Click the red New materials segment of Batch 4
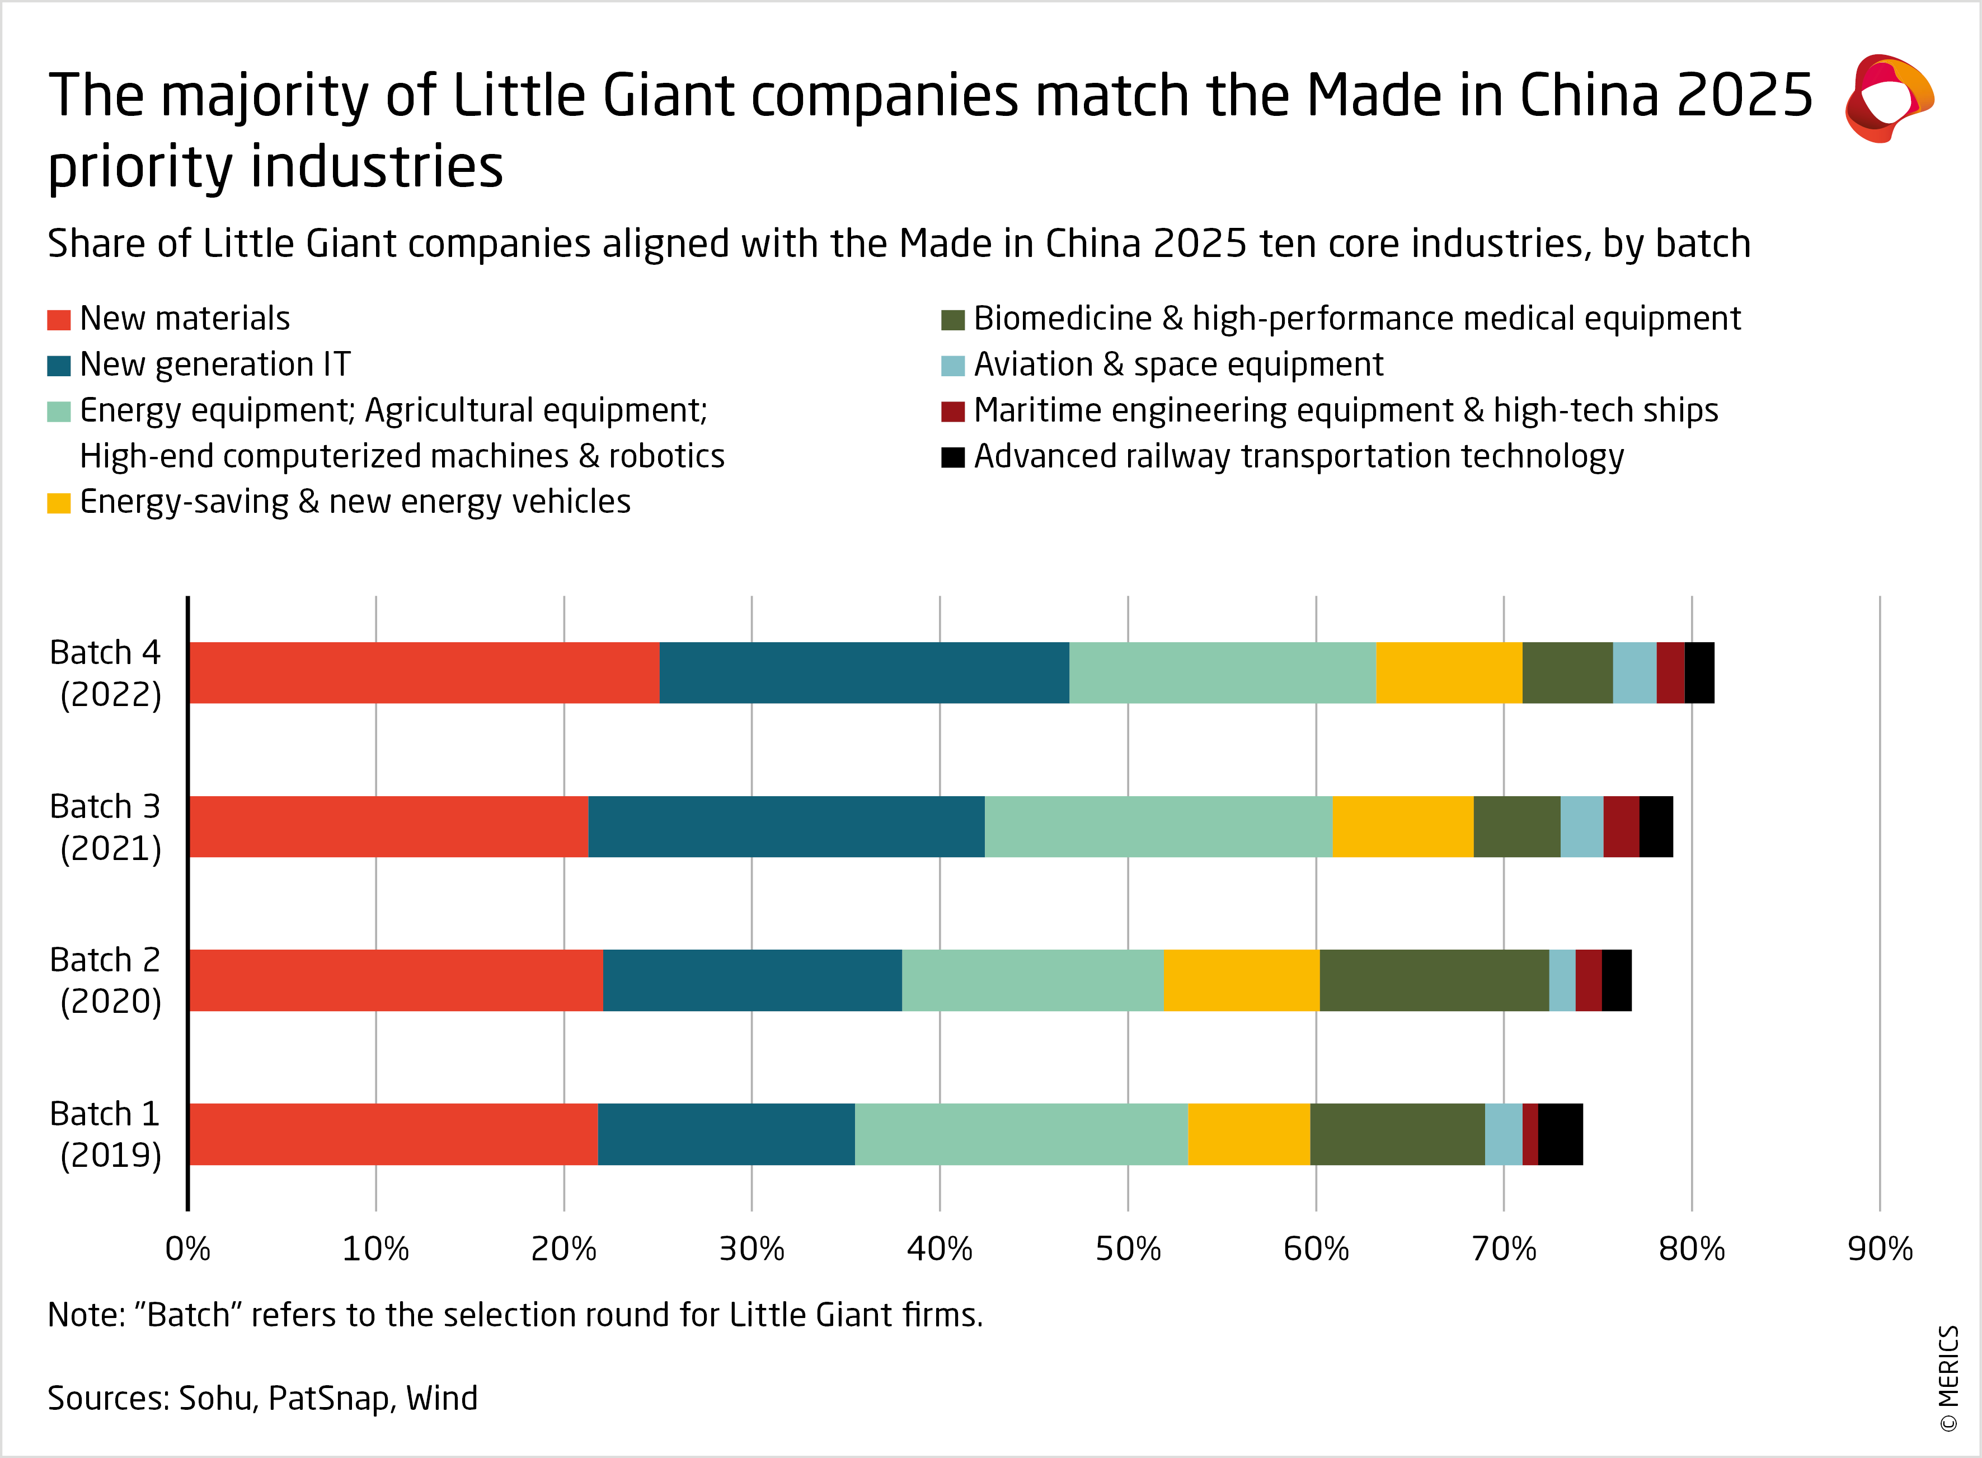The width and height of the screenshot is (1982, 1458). click(424, 672)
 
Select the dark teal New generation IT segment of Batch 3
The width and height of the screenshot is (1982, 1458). click(786, 826)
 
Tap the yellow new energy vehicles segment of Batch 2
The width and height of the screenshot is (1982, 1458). click(1241, 980)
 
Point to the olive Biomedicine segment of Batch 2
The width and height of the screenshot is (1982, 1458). click(1434, 980)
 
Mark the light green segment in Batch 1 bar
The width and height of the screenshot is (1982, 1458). click(1021, 1134)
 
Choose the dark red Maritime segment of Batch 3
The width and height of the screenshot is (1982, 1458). click(1621, 826)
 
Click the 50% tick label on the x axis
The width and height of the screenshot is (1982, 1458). click(1128, 1249)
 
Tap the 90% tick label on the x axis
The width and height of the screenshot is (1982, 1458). click(1880, 1249)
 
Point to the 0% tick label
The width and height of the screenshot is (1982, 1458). click(188, 1249)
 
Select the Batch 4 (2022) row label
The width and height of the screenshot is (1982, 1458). click(106, 672)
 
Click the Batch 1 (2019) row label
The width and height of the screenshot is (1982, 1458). click(106, 1134)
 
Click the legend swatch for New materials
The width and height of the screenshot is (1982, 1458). click(58, 320)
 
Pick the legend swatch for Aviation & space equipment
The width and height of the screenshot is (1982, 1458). click(952, 366)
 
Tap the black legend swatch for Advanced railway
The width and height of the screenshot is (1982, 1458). click(952, 457)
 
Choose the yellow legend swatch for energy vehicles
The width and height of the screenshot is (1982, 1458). click(58, 503)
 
